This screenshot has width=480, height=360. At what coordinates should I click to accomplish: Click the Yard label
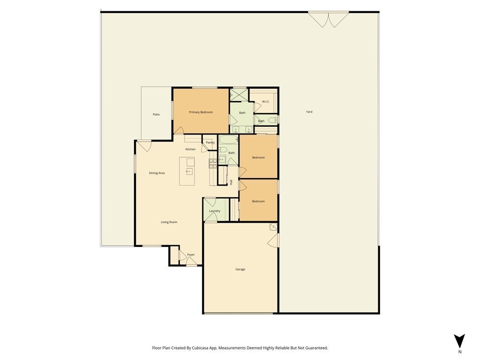(309, 112)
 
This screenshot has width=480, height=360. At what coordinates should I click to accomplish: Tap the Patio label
(156, 114)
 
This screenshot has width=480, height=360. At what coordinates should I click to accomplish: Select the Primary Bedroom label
(201, 112)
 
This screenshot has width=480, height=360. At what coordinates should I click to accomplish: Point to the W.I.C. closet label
(266, 102)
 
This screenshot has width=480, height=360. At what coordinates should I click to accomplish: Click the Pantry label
(210, 142)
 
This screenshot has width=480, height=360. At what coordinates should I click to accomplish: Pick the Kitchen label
(190, 150)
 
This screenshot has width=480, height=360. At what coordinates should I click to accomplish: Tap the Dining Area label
(157, 173)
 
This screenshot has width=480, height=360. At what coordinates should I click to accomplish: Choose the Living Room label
(169, 222)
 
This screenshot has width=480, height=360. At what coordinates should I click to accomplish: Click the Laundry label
(215, 211)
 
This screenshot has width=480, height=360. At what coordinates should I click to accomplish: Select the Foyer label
(191, 255)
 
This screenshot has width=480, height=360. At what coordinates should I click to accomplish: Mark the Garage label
(240, 270)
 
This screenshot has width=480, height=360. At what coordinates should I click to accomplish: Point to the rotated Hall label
(231, 182)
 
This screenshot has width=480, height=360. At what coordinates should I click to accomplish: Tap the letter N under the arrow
(459, 352)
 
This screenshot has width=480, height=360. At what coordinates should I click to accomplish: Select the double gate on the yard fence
(328, 19)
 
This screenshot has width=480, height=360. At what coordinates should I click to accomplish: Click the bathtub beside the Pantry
(229, 140)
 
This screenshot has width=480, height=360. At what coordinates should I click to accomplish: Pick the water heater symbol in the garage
(273, 227)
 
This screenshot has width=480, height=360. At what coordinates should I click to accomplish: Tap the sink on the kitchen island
(189, 172)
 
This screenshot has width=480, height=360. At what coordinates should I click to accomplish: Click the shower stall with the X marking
(239, 95)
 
